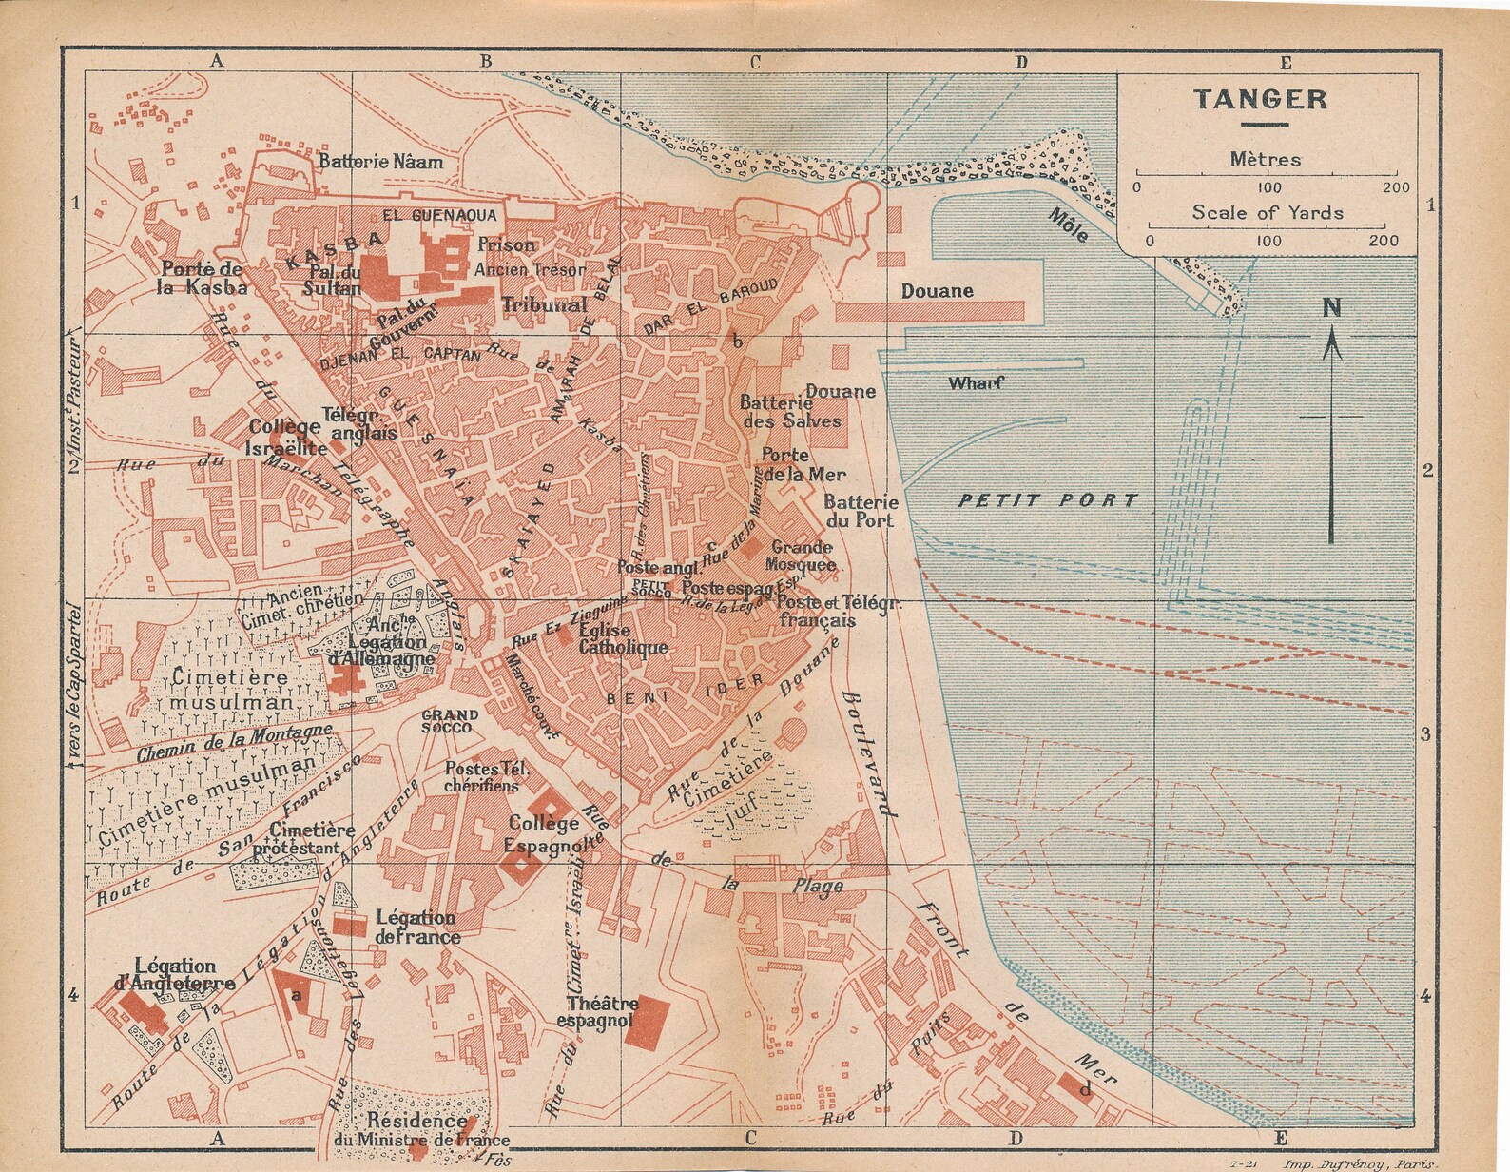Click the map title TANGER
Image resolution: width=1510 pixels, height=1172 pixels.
coord(1261,99)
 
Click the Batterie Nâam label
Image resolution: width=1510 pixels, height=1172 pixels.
coord(380,162)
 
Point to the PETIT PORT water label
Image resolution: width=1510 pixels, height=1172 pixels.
coord(1047,500)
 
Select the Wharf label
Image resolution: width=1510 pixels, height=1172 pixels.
coord(976,383)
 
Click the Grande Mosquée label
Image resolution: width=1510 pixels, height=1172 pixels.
coord(803,556)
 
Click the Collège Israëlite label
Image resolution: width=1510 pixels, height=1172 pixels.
coord(283,438)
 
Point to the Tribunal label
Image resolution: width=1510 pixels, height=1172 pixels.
coord(544,305)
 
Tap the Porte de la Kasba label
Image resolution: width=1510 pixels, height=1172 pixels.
coord(203,277)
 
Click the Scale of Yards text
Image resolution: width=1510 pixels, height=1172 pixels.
coord(1268,212)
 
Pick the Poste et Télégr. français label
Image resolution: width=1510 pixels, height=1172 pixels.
coord(831,612)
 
